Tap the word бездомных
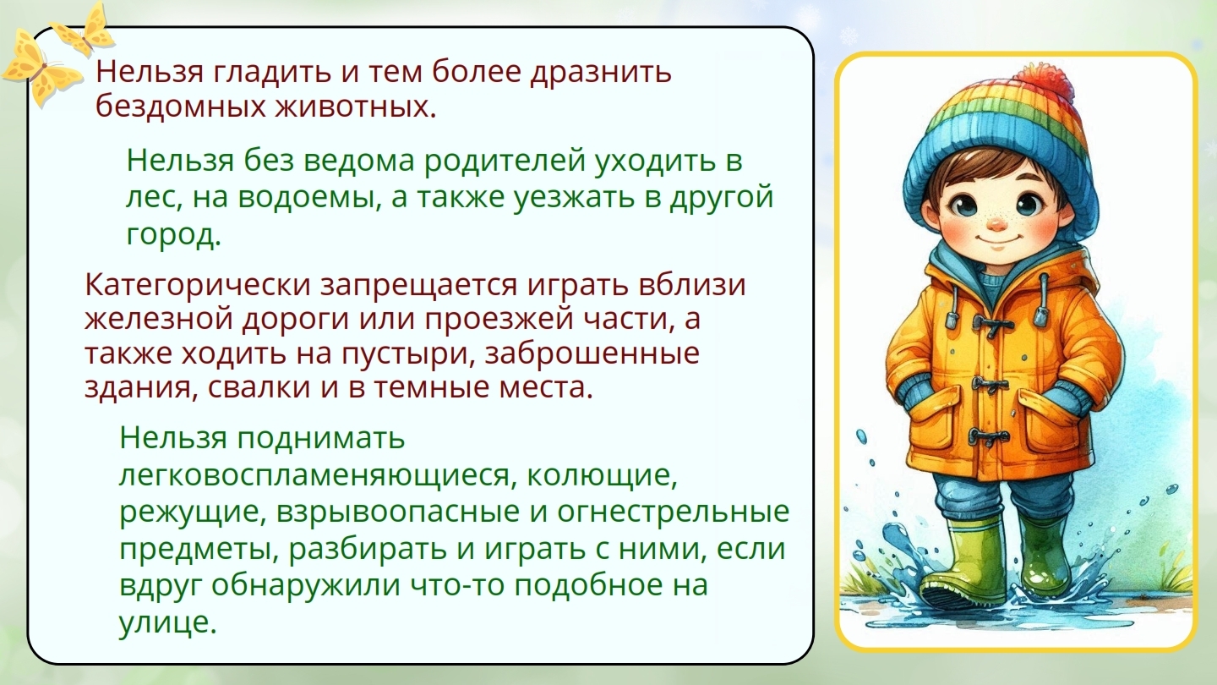pyautogui.click(x=181, y=107)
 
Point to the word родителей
pyautogui.click(x=505, y=162)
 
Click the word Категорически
pyautogui.click(x=198, y=285)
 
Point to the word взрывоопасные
pyautogui.click(x=398, y=512)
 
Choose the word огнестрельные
pyautogui.click(x=673, y=512)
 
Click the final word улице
pyautogui.click(x=168, y=622)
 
